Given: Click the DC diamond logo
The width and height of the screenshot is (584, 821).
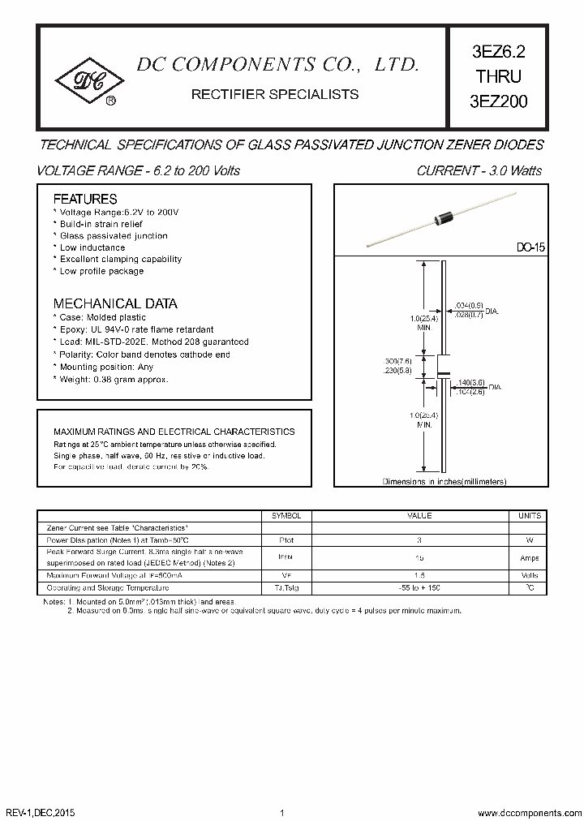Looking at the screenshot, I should [x=89, y=80].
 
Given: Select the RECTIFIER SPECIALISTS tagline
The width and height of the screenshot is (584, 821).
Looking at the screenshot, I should [x=274, y=94].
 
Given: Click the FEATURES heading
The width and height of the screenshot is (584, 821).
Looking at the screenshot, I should [x=85, y=199].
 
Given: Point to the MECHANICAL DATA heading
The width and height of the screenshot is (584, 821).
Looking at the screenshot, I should [x=115, y=303].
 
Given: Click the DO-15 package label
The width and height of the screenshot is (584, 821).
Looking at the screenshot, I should [x=530, y=248].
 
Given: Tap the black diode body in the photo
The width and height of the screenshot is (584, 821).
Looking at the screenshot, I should [x=444, y=217].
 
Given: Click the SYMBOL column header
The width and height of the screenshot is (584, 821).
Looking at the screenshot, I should [x=286, y=516].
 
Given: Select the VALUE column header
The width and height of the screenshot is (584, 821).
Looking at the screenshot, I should [x=419, y=516].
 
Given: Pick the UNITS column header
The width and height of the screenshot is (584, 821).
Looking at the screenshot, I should [x=529, y=516].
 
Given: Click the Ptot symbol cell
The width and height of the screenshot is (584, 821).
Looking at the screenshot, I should [x=286, y=539].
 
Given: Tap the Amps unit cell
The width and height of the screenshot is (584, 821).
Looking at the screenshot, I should [x=529, y=558].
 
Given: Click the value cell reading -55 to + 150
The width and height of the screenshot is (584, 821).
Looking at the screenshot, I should [x=419, y=587].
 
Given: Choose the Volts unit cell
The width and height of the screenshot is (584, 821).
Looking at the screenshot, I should [x=529, y=574].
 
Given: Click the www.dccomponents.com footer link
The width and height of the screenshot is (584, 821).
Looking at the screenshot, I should [x=526, y=812].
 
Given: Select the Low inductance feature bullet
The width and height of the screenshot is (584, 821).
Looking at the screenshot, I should [x=92, y=247].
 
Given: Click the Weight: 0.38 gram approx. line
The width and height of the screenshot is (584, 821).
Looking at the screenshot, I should [x=113, y=379].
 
